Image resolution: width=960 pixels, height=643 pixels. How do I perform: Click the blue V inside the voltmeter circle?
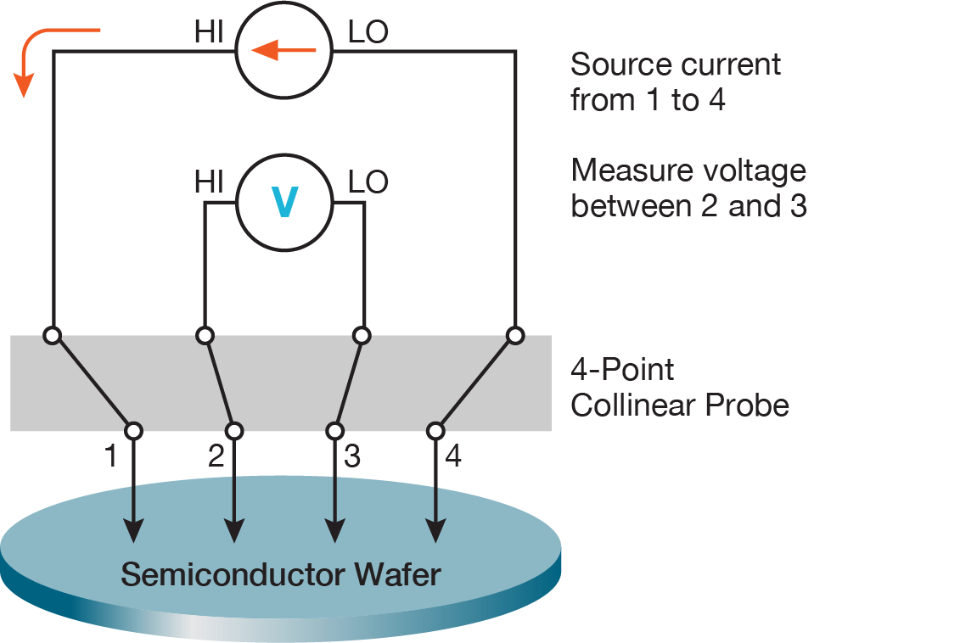pos(284,203)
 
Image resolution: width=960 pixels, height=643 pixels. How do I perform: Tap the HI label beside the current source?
pos(209,33)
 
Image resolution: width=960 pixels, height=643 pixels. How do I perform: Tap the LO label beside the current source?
pos(368,33)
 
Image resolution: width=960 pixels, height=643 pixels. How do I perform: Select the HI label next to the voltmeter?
pos(209,182)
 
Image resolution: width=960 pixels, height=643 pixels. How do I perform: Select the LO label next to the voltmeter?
pos(368,182)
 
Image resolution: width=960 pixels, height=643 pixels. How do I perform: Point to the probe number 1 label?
pos(109,457)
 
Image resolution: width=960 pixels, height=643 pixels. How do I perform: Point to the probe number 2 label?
pos(216,457)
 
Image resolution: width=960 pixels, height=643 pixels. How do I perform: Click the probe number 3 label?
pos(352,457)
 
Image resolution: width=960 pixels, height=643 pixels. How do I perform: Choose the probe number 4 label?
pos(453,457)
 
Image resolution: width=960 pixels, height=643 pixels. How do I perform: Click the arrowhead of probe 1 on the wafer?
pos(133,530)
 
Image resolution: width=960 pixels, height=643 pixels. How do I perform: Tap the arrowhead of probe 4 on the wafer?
pos(435,530)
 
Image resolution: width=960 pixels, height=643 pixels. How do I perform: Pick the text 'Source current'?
pos(675,64)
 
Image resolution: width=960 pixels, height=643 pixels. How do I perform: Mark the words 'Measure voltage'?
pos(688,171)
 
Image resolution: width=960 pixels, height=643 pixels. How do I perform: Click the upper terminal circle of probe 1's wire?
pos(53,336)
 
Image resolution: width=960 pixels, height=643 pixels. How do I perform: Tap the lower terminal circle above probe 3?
pos(334,431)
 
